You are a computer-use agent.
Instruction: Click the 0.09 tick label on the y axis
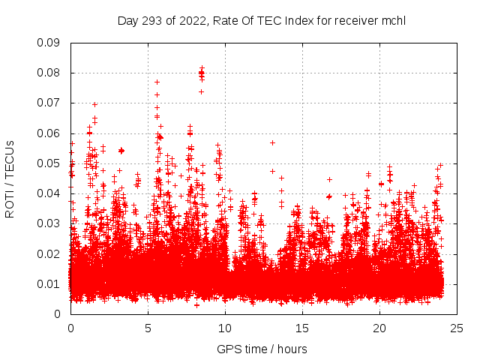click(x=49, y=43)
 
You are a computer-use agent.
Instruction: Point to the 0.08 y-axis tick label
click(x=49, y=73)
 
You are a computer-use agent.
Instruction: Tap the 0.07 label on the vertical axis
click(x=49, y=103)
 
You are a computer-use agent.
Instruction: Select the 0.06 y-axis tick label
click(x=49, y=133)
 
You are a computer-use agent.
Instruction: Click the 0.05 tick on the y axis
click(x=49, y=163)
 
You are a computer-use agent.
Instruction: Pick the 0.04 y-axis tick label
click(x=49, y=193)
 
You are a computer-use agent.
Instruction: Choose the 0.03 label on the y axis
click(x=49, y=223)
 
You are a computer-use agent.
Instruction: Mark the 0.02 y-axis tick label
click(x=49, y=253)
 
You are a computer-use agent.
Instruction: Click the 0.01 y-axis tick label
click(x=49, y=283)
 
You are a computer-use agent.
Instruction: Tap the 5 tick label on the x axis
click(x=148, y=328)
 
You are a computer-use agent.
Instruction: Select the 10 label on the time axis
click(x=225, y=328)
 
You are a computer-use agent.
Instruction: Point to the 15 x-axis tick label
click(x=302, y=328)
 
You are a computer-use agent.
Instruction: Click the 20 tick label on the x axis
click(x=379, y=328)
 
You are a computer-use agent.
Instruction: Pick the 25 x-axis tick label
click(x=457, y=328)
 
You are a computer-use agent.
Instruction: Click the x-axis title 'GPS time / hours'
click(x=262, y=349)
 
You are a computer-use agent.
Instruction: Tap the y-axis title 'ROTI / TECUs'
click(x=10, y=178)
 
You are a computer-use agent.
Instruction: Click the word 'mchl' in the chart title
click(x=394, y=20)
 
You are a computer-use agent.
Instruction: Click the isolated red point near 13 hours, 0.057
click(x=272, y=142)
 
